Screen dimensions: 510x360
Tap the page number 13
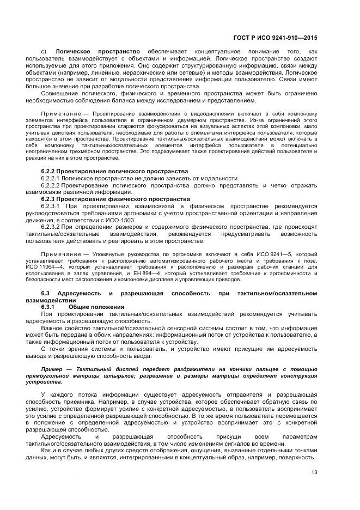tap(314, 472)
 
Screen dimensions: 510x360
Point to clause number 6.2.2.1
tap(51, 179)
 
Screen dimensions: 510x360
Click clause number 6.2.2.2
tap(51, 186)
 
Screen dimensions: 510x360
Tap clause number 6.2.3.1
tap(51, 207)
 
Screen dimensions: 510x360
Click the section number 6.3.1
tap(50, 307)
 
